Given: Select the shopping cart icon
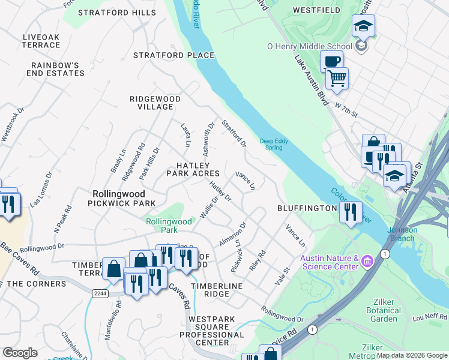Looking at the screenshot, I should point(337,78).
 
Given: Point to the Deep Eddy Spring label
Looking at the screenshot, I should point(274,144).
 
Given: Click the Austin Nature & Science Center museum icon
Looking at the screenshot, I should point(367,262).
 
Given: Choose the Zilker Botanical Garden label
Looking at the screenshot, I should point(383,314).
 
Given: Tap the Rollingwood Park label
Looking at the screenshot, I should point(169,226).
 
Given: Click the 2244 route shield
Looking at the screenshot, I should point(100,292).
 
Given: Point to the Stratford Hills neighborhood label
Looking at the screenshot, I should point(113,13).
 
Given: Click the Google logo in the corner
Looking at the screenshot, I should point(20,353).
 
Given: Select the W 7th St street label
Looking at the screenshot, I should point(346,108).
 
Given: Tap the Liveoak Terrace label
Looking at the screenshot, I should point(41,41).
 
